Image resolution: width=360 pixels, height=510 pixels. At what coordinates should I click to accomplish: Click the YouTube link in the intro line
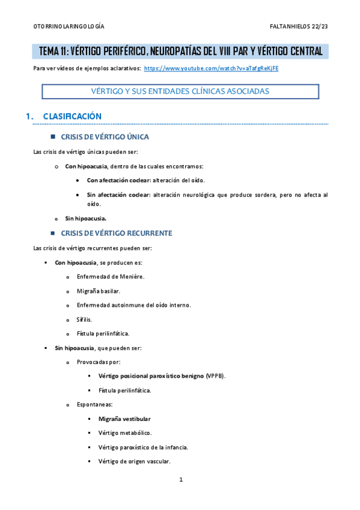[x=211, y=69]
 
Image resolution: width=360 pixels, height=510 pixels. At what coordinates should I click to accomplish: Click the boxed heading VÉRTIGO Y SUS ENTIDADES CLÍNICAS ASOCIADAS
[x=180, y=91]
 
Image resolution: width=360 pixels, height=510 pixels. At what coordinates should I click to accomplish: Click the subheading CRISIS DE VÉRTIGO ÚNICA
[x=105, y=137]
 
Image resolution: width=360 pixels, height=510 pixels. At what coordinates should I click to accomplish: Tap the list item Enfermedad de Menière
[x=111, y=277]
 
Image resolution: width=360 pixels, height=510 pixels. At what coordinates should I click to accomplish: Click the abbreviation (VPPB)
[x=215, y=376]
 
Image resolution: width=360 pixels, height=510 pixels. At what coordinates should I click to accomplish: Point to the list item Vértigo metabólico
[x=125, y=433]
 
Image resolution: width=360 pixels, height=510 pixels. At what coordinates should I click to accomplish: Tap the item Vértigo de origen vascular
[x=134, y=461]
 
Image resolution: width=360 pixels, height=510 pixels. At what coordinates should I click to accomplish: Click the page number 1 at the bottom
[x=180, y=480]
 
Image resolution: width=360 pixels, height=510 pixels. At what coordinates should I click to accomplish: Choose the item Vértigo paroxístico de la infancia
[x=143, y=447]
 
